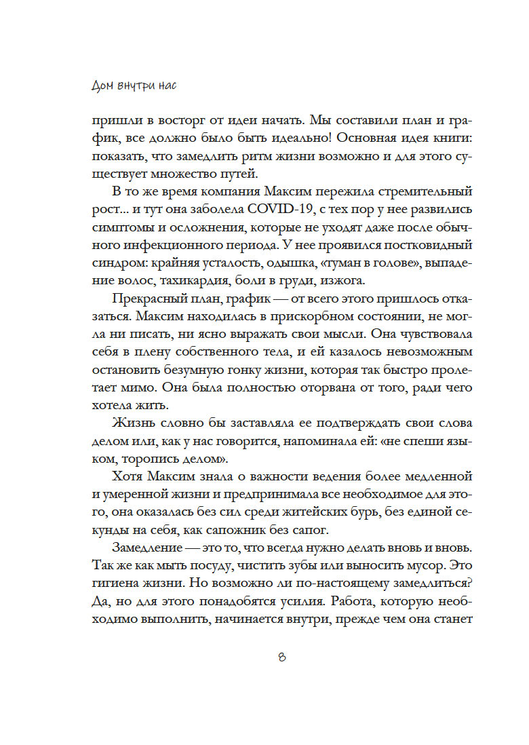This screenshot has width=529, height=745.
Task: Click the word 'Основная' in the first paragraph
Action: pyautogui.click(x=337, y=138)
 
